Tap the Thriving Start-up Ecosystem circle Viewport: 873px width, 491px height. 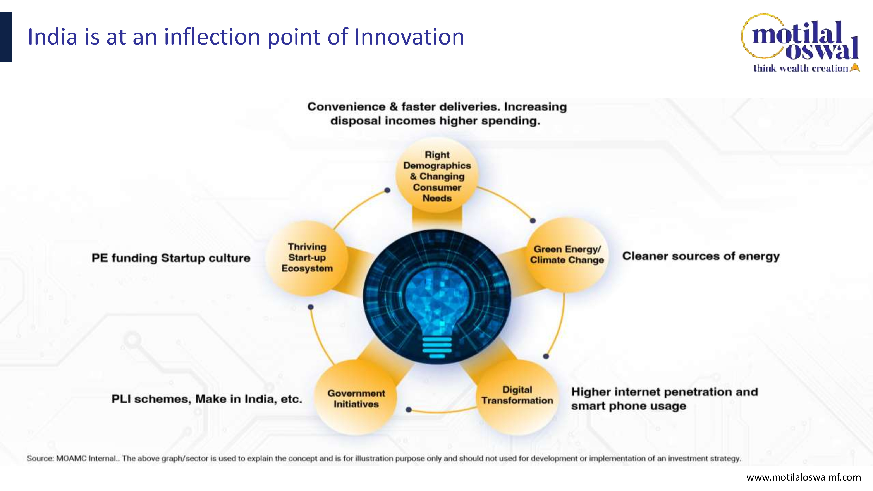307,258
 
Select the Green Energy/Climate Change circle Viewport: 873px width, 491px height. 567,255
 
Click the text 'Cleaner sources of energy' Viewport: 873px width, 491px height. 701,256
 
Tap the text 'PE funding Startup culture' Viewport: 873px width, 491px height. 171,258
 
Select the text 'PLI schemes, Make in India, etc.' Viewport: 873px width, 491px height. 207,399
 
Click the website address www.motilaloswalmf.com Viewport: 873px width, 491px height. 804,477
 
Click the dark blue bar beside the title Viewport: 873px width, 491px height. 6,37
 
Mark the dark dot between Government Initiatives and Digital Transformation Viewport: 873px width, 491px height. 409,410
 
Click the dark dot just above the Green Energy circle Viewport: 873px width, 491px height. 533,221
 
